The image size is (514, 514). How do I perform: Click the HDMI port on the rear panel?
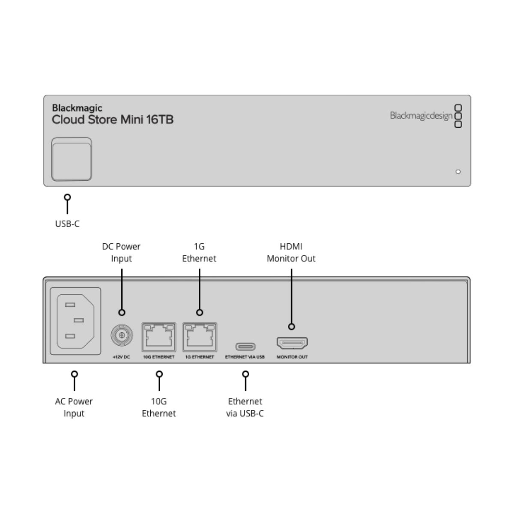(x=292, y=343)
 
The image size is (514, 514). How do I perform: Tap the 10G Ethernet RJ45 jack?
(x=159, y=337)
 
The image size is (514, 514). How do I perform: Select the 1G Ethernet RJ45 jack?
(x=200, y=337)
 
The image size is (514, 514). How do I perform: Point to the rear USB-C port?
(x=245, y=347)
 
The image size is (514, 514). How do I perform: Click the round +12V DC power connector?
(x=122, y=335)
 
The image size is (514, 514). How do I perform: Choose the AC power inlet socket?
(x=75, y=321)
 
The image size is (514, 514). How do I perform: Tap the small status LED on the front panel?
(x=458, y=172)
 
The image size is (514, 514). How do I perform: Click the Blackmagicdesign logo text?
(x=421, y=116)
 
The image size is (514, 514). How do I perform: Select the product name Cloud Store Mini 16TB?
(x=113, y=120)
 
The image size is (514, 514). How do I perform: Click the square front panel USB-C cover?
(x=72, y=159)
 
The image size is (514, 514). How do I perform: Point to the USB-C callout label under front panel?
(x=67, y=224)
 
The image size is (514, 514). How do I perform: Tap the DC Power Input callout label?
(x=121, y=252)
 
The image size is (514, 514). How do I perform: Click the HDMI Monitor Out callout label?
(x=291, y=252)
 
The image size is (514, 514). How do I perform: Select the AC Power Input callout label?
(x=74, y=407)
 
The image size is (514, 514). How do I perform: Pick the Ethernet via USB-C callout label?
(x=245, y=407)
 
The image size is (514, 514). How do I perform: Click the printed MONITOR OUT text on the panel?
(x=292, y=357)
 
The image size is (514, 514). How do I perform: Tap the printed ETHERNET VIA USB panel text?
(x=245, y=357)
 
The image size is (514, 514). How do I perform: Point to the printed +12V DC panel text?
(x=121, y=357)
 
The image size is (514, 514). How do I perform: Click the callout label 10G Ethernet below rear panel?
(x=159, y=407)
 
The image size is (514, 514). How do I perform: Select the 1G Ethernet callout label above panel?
(x=199, y=252)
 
